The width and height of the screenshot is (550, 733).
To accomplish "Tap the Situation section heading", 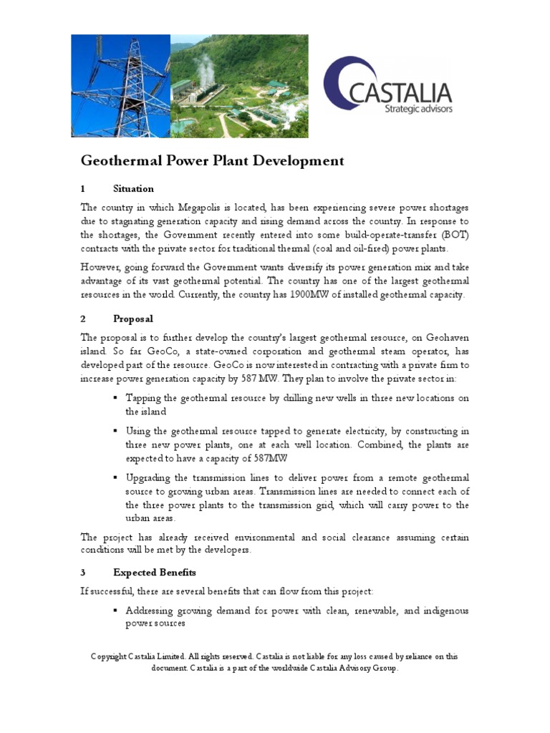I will tap(133, 189).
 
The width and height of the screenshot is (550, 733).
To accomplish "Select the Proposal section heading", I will tap(132, 319).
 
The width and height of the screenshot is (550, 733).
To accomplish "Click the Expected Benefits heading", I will tap(154, 573).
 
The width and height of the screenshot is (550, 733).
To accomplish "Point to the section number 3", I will tap(83, 573).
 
